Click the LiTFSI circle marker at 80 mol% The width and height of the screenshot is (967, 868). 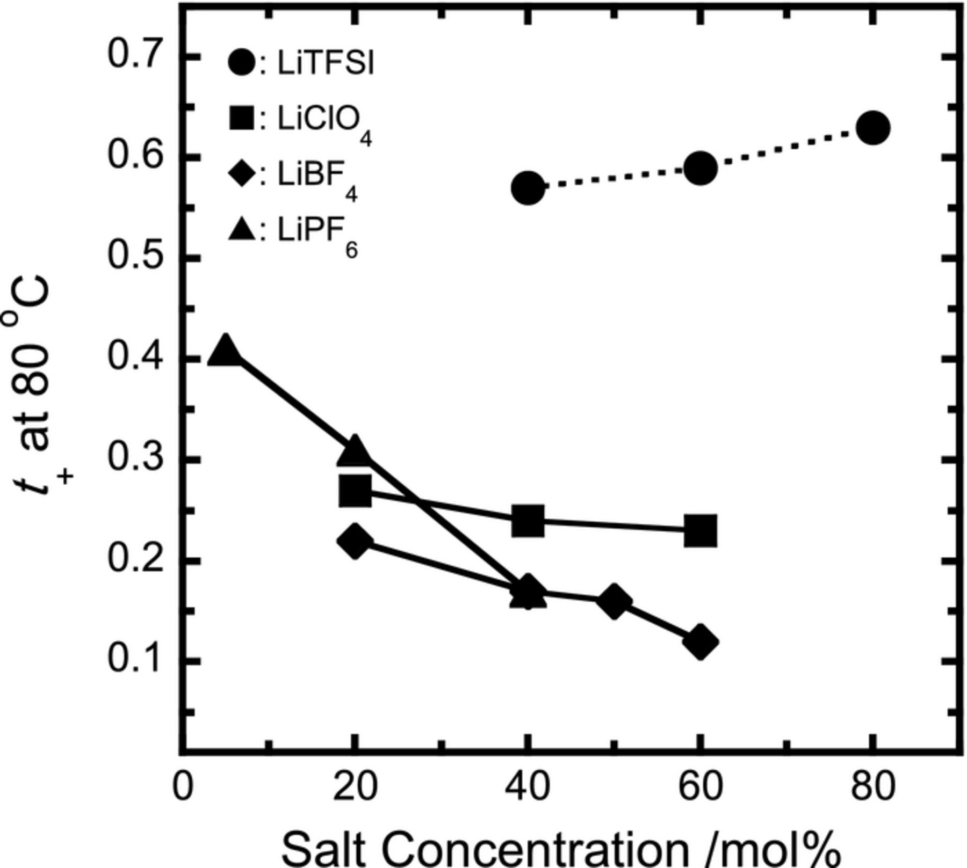[x=872, y=128]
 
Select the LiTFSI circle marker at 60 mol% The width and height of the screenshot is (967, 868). [x=699, y=169]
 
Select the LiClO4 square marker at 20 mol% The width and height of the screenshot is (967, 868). [x=355, y=490]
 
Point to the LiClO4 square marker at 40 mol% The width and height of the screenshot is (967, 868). [x=528, y=520]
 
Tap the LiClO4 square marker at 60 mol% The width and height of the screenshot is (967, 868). [x=700, y=530]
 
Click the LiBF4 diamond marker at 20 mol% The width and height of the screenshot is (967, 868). [x=355, y=542]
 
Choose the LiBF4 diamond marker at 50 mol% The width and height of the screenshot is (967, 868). [x=614, y=602]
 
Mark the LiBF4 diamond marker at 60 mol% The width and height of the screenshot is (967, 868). [x=699, y=641]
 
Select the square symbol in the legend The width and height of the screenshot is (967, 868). [x=241, y=118]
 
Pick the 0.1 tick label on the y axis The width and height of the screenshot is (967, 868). [x=136, y=660]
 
